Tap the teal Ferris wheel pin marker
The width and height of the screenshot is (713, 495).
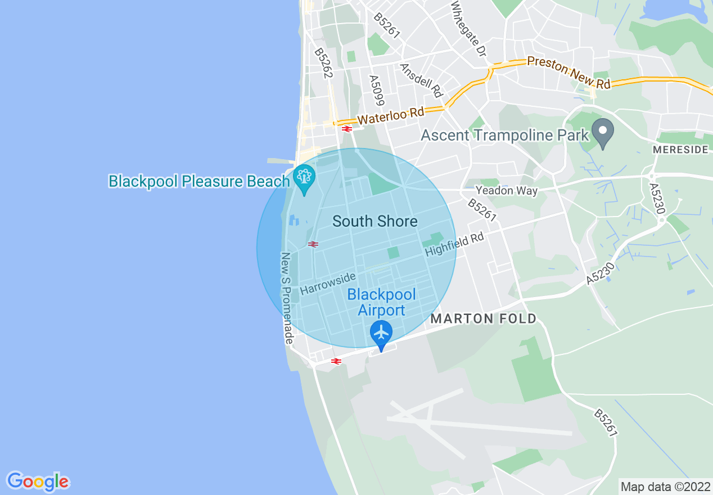[304, 178]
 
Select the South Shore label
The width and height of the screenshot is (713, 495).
[374, 221]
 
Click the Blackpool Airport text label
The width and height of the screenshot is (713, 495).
[381, 302]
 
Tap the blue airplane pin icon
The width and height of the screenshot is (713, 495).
[381, 332]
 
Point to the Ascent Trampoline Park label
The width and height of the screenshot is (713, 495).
[504, 135]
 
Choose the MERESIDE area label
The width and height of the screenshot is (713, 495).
[680, 150]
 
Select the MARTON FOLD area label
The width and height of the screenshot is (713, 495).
[484, 319]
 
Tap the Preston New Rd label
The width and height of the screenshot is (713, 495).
[568, 73]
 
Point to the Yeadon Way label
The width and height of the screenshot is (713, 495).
[506, 191]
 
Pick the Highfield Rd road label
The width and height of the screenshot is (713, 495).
[454, 245]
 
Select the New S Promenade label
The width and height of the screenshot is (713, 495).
[287, 298]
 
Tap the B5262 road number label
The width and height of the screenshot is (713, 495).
[324, 63]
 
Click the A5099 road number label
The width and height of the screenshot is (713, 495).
[376, 90]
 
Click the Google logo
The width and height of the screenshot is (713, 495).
[38, 481]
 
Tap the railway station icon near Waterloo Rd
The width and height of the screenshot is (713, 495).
[346, 129]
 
